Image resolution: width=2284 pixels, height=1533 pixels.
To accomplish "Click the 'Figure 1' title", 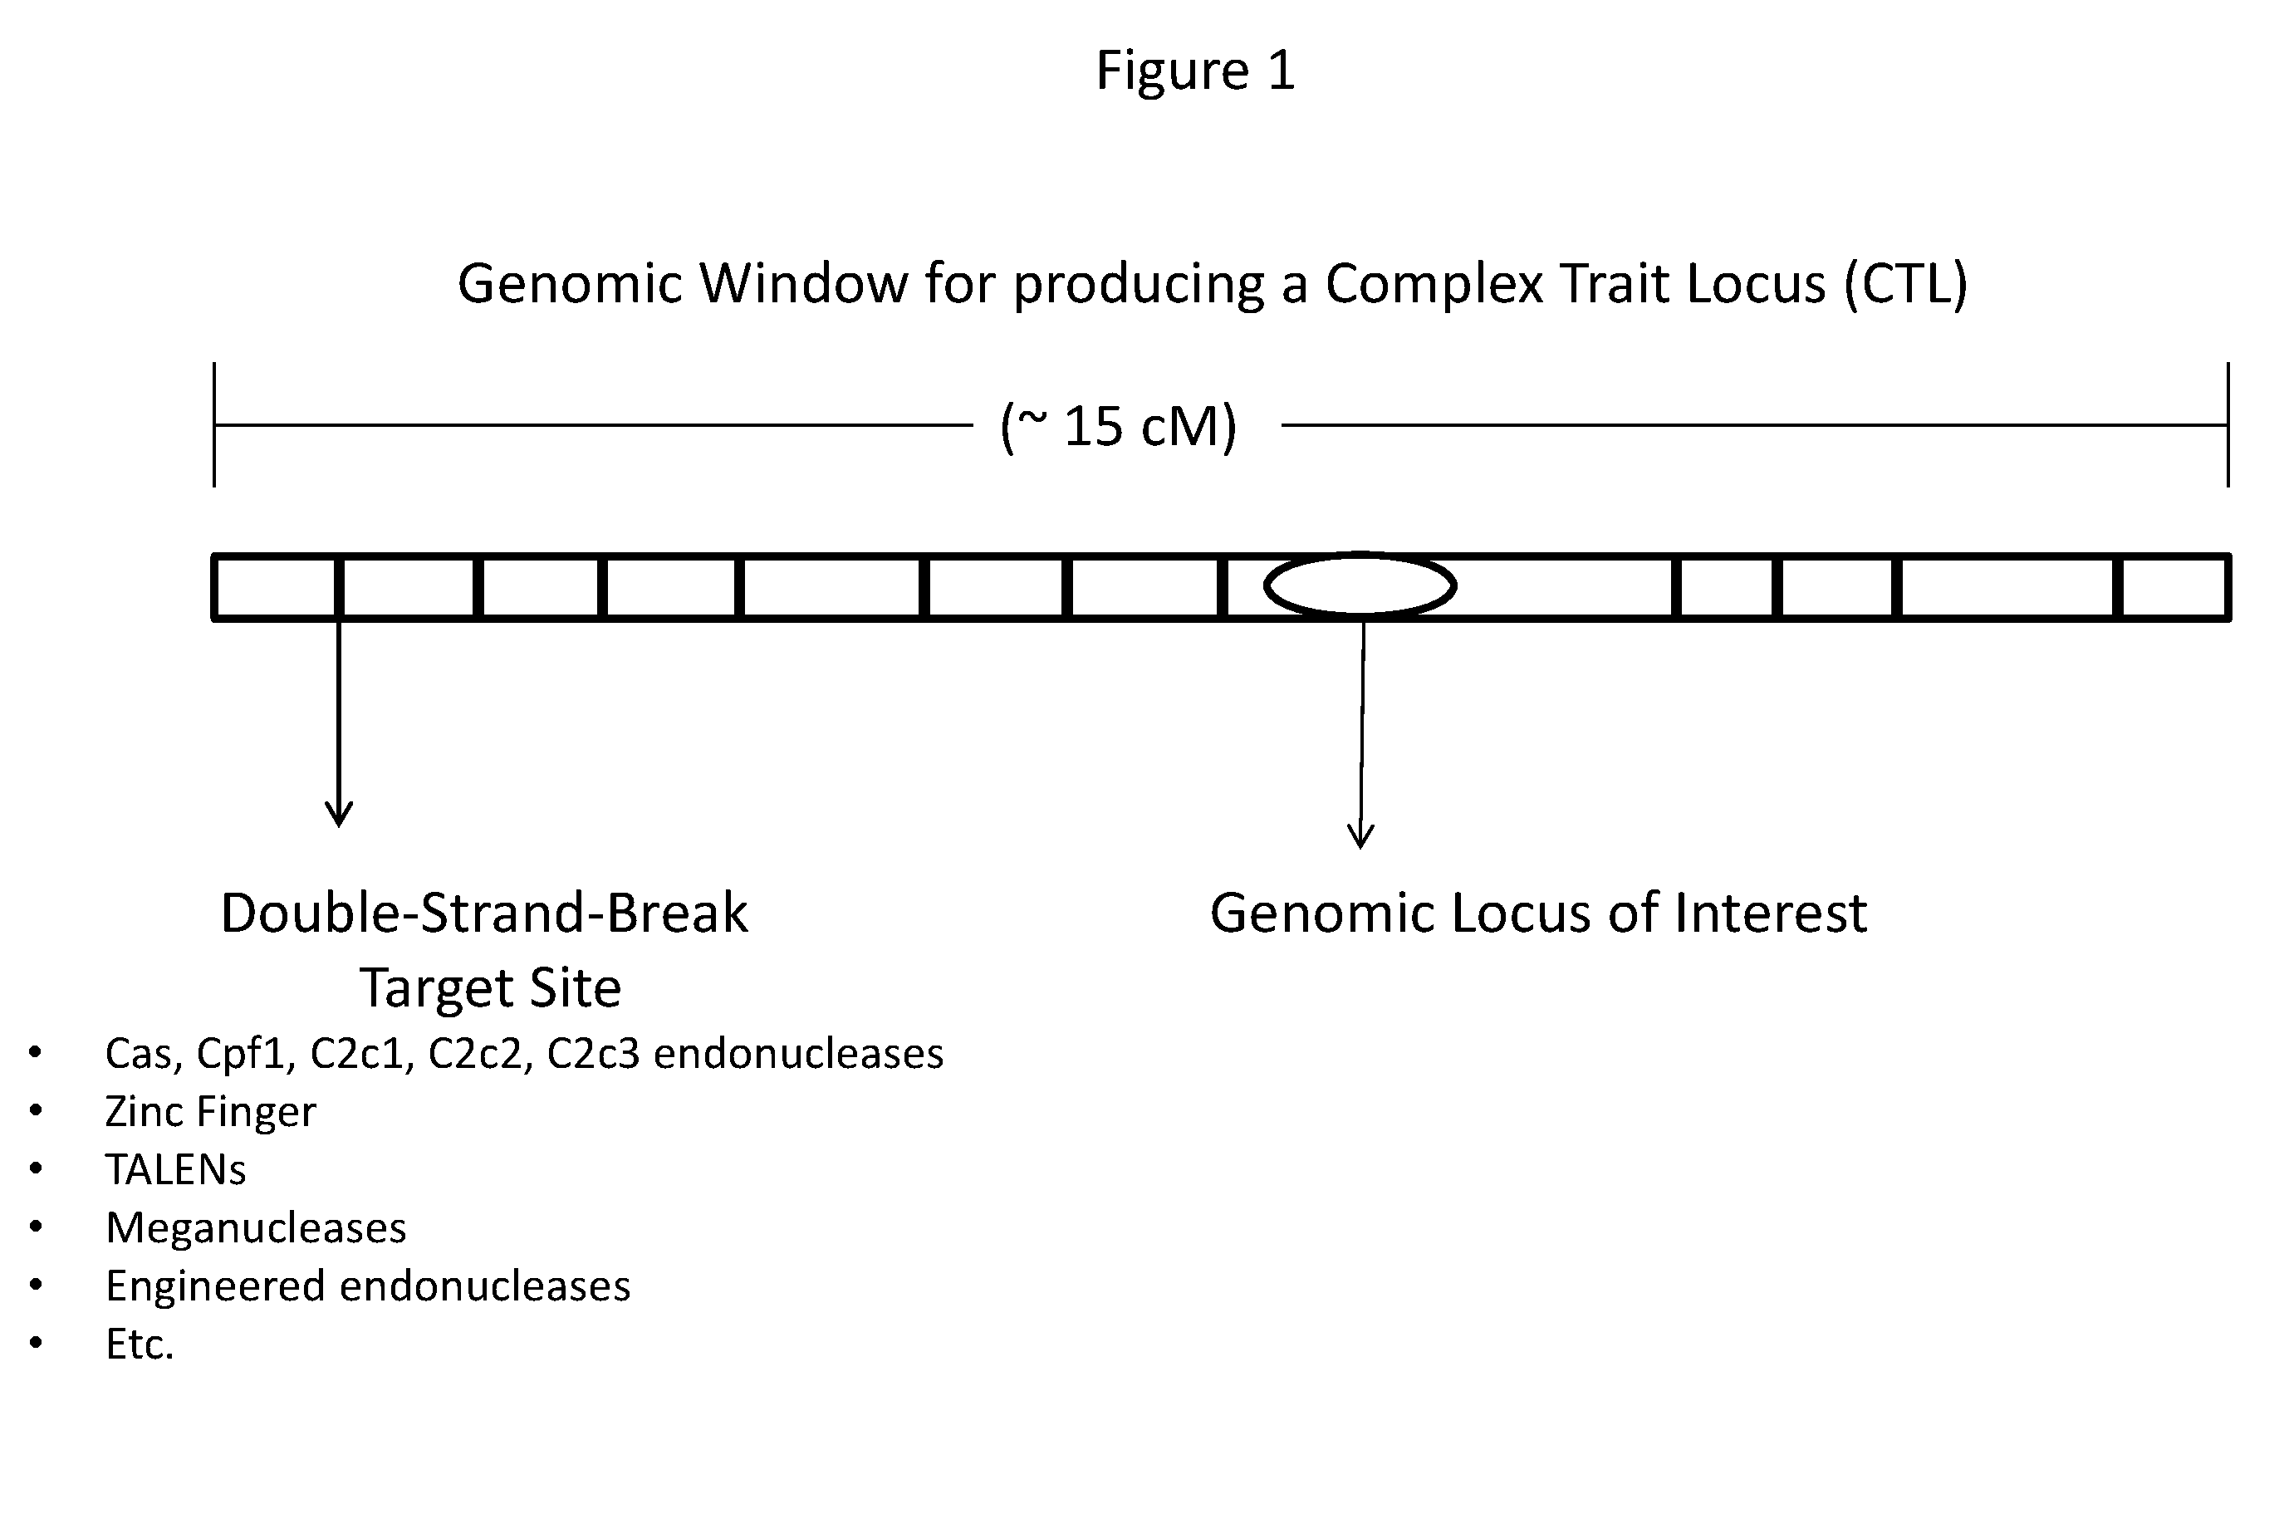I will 1195,71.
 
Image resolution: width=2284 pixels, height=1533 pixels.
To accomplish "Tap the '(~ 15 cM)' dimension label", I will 1119,426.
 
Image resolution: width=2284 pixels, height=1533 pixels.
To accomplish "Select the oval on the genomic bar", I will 1360,585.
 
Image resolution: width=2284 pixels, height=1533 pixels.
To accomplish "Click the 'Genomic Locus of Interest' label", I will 1538,913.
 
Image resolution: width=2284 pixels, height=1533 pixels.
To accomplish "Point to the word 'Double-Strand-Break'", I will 484,913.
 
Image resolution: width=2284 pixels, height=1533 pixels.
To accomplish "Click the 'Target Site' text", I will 491,987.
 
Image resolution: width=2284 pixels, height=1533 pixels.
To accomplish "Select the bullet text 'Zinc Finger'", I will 210,1112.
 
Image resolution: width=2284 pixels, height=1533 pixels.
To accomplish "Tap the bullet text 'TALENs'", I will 176,1170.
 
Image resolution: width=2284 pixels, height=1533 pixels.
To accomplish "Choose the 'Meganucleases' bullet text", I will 256,1228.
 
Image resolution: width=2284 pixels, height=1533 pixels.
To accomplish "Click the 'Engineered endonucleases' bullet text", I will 368,1286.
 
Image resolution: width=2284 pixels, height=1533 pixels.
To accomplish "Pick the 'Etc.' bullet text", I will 140,1344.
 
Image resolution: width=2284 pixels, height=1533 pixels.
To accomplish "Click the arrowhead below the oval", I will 1360,836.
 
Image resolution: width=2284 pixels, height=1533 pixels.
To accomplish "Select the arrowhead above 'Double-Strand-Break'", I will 338,814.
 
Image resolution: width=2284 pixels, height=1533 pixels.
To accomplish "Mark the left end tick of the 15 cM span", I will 214,425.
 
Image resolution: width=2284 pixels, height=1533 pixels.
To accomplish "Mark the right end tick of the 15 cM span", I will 2228,425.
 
